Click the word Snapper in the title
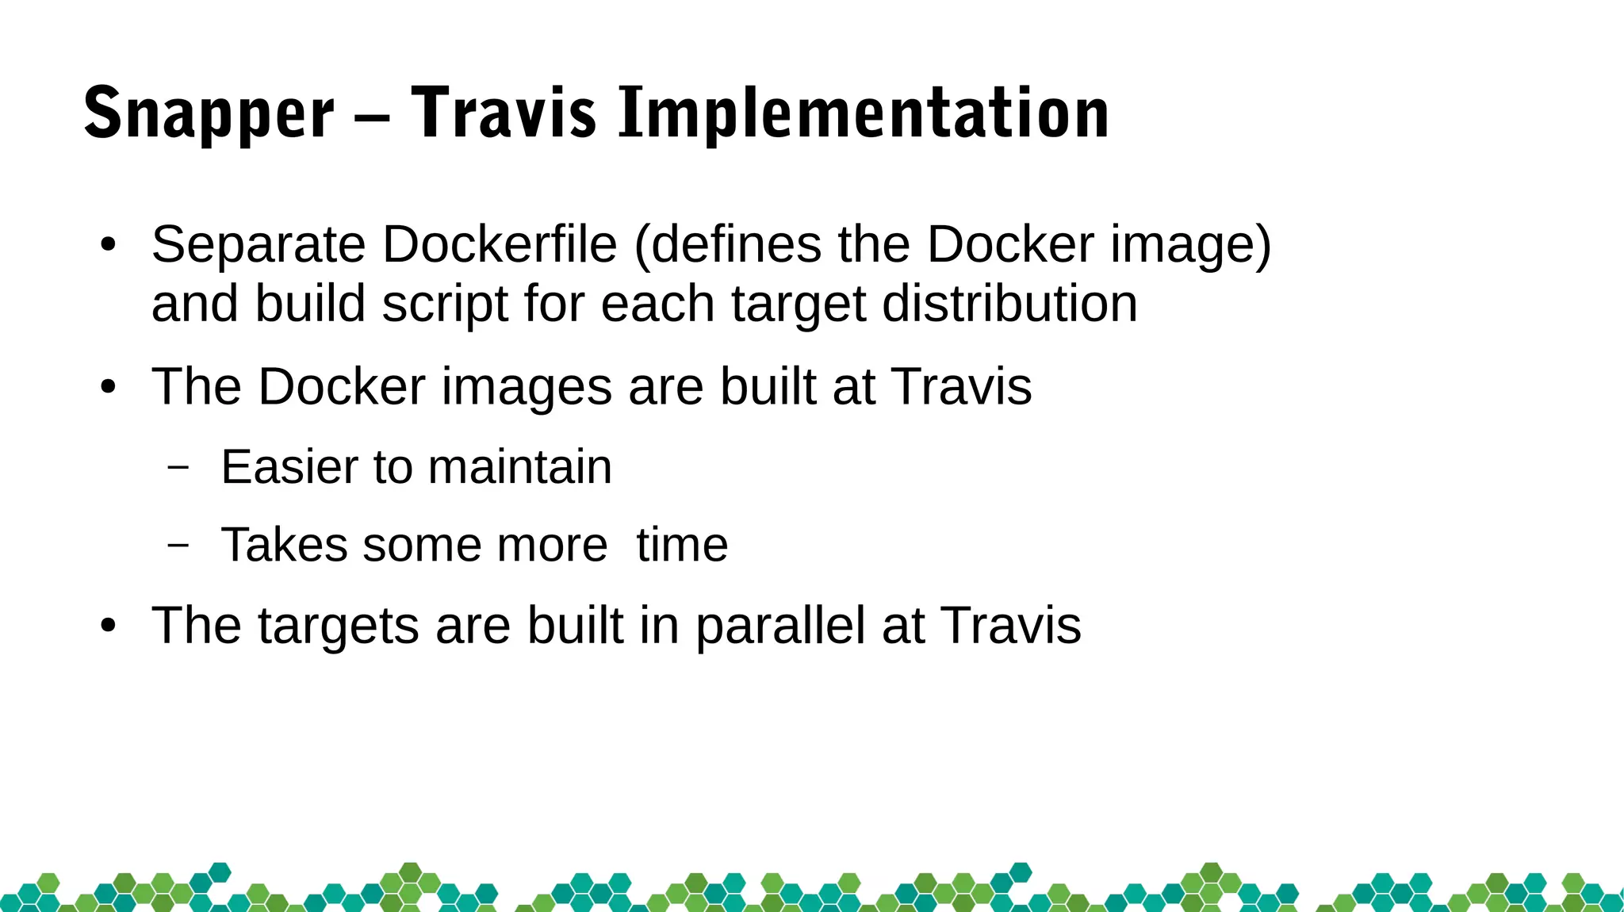(x=209, y=114)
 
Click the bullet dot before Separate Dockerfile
(x=109, y=245)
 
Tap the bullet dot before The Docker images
(x=109, y=388)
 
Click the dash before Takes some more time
(x=178, y=545)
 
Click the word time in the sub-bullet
(x=682, y=545)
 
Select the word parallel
(x=780, y=627)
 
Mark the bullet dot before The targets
(x=109, y=627)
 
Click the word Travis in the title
(x=504, y=114)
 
